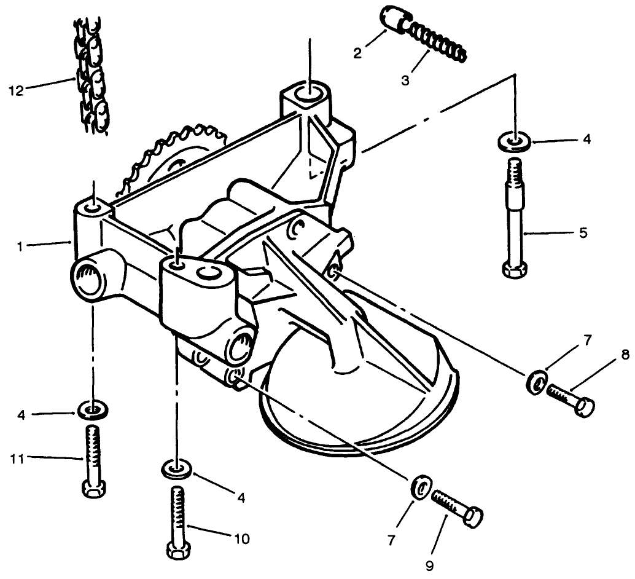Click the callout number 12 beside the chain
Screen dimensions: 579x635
point(15,90)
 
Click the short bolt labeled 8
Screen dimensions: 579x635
point(571,399)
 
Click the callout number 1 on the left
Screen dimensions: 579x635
point(21,245)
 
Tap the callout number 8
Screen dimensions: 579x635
point(624,355)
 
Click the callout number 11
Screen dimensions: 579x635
point(17,458)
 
